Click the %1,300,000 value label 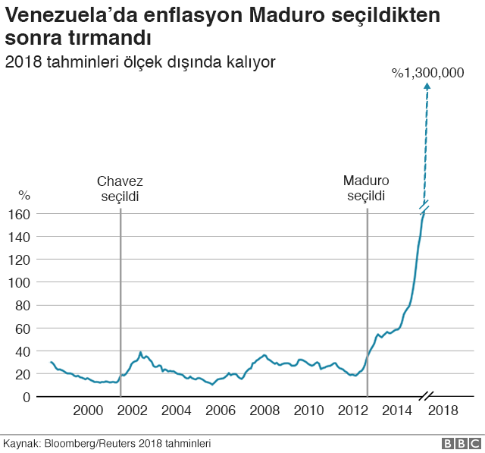tap(427, 73)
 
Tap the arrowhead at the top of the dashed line tap(427, 87)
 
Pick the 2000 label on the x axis tap(87, 411)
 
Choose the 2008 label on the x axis tap(264, 411)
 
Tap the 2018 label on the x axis tap(443, 411)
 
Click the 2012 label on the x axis tap(354, 411)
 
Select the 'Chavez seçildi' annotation tap(120, 189)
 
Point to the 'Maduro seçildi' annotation tap(366, 189)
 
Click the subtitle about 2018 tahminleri tap(139, 61)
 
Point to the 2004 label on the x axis tap(176, 411)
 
